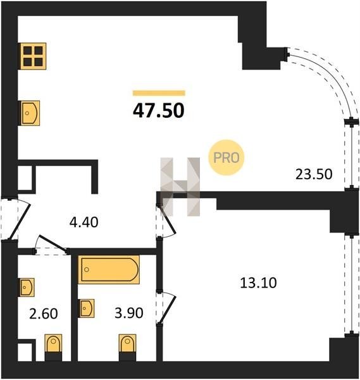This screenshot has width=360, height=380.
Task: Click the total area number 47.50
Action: point(159,110)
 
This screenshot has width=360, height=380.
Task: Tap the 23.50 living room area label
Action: point(314,174)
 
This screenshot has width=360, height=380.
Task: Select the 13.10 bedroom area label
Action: point(258,283)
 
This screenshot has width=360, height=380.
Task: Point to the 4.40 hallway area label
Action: point(84,222)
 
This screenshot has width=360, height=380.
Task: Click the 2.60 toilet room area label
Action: point(43,313)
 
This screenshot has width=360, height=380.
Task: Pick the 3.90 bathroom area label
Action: point(129,313)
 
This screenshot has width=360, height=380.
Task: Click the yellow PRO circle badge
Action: point(227,158)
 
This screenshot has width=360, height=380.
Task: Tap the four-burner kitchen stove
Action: point(33,56)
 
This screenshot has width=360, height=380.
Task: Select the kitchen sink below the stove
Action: point(30,113)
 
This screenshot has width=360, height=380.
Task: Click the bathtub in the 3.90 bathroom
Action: point(109,270)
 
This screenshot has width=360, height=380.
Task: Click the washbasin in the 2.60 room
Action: point(27,288)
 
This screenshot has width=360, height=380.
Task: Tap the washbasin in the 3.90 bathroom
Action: point(87,308)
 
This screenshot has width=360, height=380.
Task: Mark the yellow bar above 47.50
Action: point(159,93)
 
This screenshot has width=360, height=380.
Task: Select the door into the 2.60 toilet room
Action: point(51,244)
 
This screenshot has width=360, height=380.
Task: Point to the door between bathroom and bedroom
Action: point(167,308)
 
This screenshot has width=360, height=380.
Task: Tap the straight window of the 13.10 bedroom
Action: point(352,285)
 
